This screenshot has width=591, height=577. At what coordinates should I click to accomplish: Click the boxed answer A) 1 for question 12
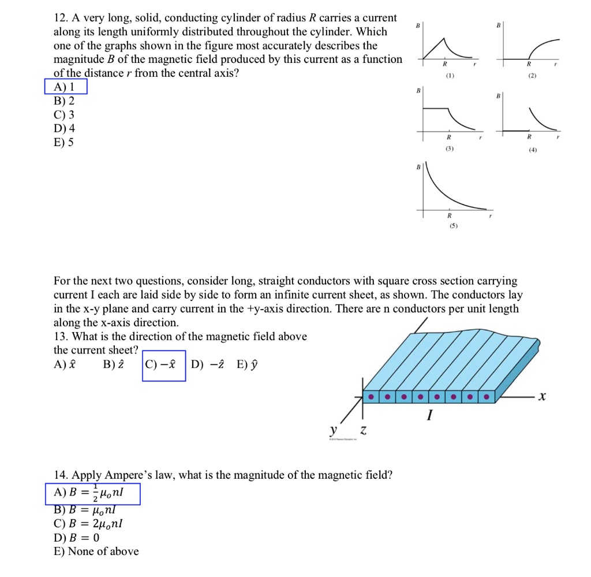pyautogui.click(x=66, y=87)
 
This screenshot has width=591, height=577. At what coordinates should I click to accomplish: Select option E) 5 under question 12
pyautogui.click(x=63, y=142)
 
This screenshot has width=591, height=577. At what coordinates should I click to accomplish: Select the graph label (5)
pyautogui.click(x=448, y=226)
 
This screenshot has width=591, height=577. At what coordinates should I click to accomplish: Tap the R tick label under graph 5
pyautogui.click(x=448, y=215)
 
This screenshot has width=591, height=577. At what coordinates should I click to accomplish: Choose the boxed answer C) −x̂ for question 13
pyautogui.click(x=163, y=364)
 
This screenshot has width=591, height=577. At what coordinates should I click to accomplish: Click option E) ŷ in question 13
pyautogui.click(x=246, y=364)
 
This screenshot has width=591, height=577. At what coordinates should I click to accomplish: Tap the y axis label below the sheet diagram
pyautogui.click(x=332, y=431)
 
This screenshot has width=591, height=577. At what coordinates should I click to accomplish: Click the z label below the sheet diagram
pyautogui.click(x=362, y=431)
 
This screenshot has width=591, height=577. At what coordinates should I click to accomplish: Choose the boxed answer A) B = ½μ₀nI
pyautogui.click(x=92, y=493)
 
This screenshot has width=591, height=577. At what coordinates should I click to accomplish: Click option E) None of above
pyautogui.click(x=96, y=551)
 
